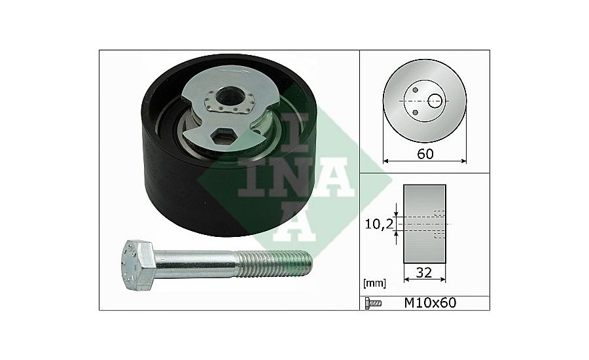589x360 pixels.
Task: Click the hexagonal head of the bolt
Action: tap(139, 264)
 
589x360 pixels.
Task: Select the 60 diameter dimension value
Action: tap(425, 154)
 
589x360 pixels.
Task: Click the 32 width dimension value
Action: tap(423, 272)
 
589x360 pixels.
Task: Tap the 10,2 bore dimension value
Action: tap(379, 224)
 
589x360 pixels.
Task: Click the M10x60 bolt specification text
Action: tap(430, 303)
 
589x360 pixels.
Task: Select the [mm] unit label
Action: tap(374, 283)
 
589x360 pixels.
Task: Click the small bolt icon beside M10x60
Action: tap(373, 303)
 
